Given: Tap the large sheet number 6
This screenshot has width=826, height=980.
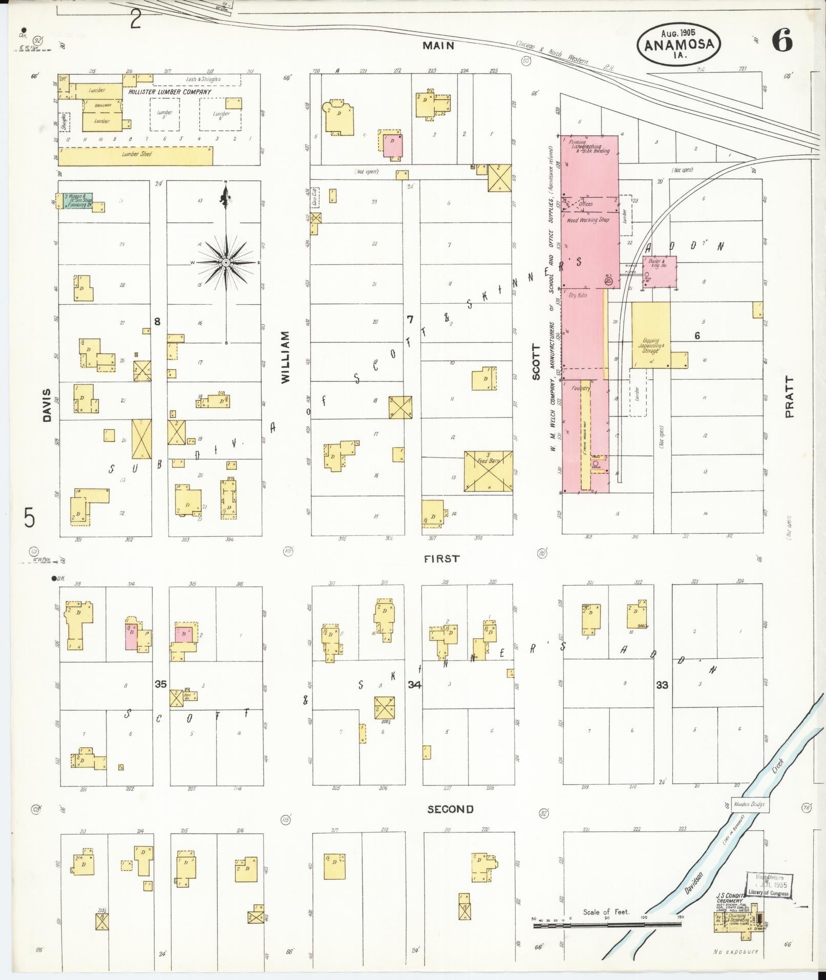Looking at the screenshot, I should tap(782, 40).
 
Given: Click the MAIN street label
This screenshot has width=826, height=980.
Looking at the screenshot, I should tap(438, 46).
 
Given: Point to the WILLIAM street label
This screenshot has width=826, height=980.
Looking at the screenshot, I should tap(285, 357).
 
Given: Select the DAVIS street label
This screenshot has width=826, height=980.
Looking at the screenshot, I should tap(47, 405).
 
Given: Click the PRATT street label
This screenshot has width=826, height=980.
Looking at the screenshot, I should tap(789, 397).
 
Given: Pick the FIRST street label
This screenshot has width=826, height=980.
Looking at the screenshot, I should tap(441, 559).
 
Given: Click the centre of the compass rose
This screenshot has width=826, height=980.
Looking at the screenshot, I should tap(226, 262).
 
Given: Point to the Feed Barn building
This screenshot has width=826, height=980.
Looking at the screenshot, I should tap(488, 471).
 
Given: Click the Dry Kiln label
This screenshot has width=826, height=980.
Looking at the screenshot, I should tap(578, 296).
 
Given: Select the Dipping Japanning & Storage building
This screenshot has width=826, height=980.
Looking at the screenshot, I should tap(650, 336).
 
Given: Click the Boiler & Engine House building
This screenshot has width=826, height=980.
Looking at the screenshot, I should tap(660, 272).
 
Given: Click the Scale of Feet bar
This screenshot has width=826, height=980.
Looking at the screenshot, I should tap(607, 925).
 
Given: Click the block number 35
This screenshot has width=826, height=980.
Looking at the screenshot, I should tap(161, 684).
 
